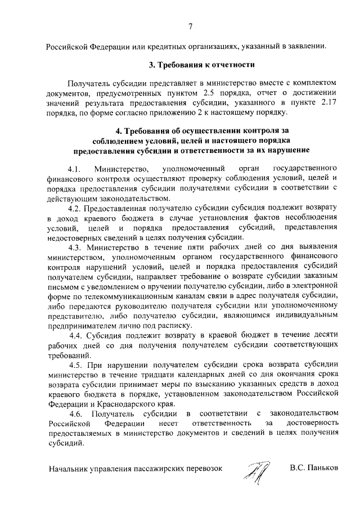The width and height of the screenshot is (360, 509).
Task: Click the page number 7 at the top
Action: tap(191, 25)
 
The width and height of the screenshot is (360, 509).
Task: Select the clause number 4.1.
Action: tap(74, 169)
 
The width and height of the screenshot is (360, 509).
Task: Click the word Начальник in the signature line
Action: tap(69, 468)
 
